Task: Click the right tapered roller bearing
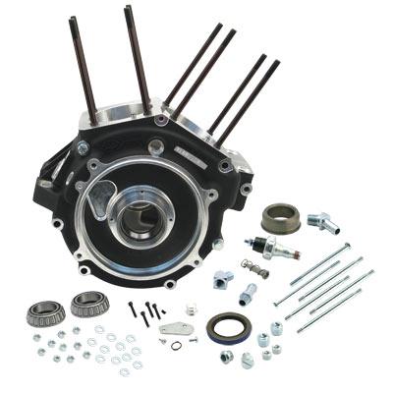(87, 305)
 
